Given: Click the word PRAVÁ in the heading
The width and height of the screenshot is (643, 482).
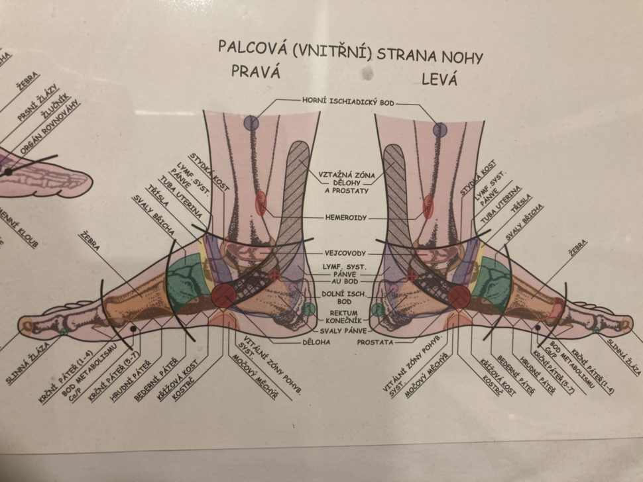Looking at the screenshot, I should (257, 72).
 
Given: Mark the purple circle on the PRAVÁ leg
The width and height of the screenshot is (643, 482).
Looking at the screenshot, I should (251, 122).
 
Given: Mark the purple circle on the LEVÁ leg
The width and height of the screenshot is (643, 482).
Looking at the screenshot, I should (440, 130).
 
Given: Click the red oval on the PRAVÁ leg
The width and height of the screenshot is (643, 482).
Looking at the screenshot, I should (261, 202).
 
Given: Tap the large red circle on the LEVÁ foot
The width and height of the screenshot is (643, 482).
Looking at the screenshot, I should (459, 297).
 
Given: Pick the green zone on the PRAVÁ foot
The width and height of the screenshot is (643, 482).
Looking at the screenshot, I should (188, 285).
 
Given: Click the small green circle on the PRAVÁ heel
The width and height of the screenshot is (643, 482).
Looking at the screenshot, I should (308, 309).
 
